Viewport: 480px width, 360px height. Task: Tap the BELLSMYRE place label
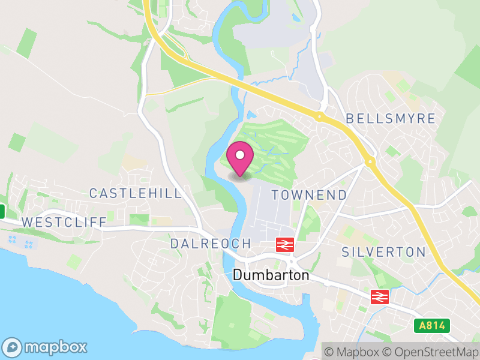(391, 118)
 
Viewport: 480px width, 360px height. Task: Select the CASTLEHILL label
(135, 193)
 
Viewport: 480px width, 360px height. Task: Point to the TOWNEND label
(309, 195)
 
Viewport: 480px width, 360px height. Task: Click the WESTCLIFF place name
(64, 222)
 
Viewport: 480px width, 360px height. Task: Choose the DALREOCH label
(210, 244)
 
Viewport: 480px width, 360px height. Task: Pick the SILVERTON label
(383, 252)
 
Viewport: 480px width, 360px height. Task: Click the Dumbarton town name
(271, 275)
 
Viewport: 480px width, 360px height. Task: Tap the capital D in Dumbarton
(236, 275)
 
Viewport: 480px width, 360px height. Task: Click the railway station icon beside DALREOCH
(284, 244)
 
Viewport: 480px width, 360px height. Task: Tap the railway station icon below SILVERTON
(379, 296)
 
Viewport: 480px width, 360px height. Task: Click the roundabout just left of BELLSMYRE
(320, 117)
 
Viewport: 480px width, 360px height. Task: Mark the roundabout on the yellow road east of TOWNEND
(370, 161)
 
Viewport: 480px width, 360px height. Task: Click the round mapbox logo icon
(13, 347)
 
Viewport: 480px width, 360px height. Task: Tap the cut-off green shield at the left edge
(2, 211)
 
